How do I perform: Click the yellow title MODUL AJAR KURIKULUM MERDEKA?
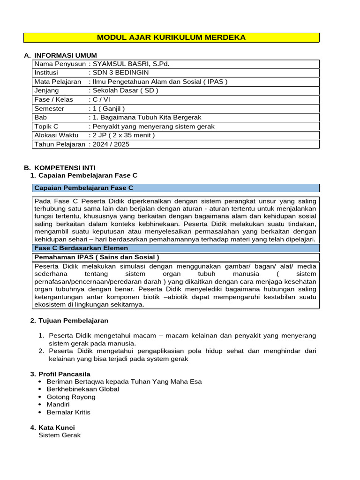(x=171, y=37)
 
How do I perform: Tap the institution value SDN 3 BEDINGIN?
(x=121, y=73)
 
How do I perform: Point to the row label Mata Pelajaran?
(x=58, y=82)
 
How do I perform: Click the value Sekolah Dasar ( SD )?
(x=126, y=90)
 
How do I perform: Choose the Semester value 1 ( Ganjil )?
(x=109, y=108)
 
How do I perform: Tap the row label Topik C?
(x=46, y=127)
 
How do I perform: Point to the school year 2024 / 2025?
(x=111, y=144)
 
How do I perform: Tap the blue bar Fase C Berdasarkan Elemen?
(x=81, y=248)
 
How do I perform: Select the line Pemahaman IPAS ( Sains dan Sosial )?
(x=97, y=257)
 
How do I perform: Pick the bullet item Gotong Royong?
(x=71, y=397)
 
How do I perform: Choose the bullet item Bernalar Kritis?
(x=68, y=412)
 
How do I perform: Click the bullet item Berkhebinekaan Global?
(x=83, y=389)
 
